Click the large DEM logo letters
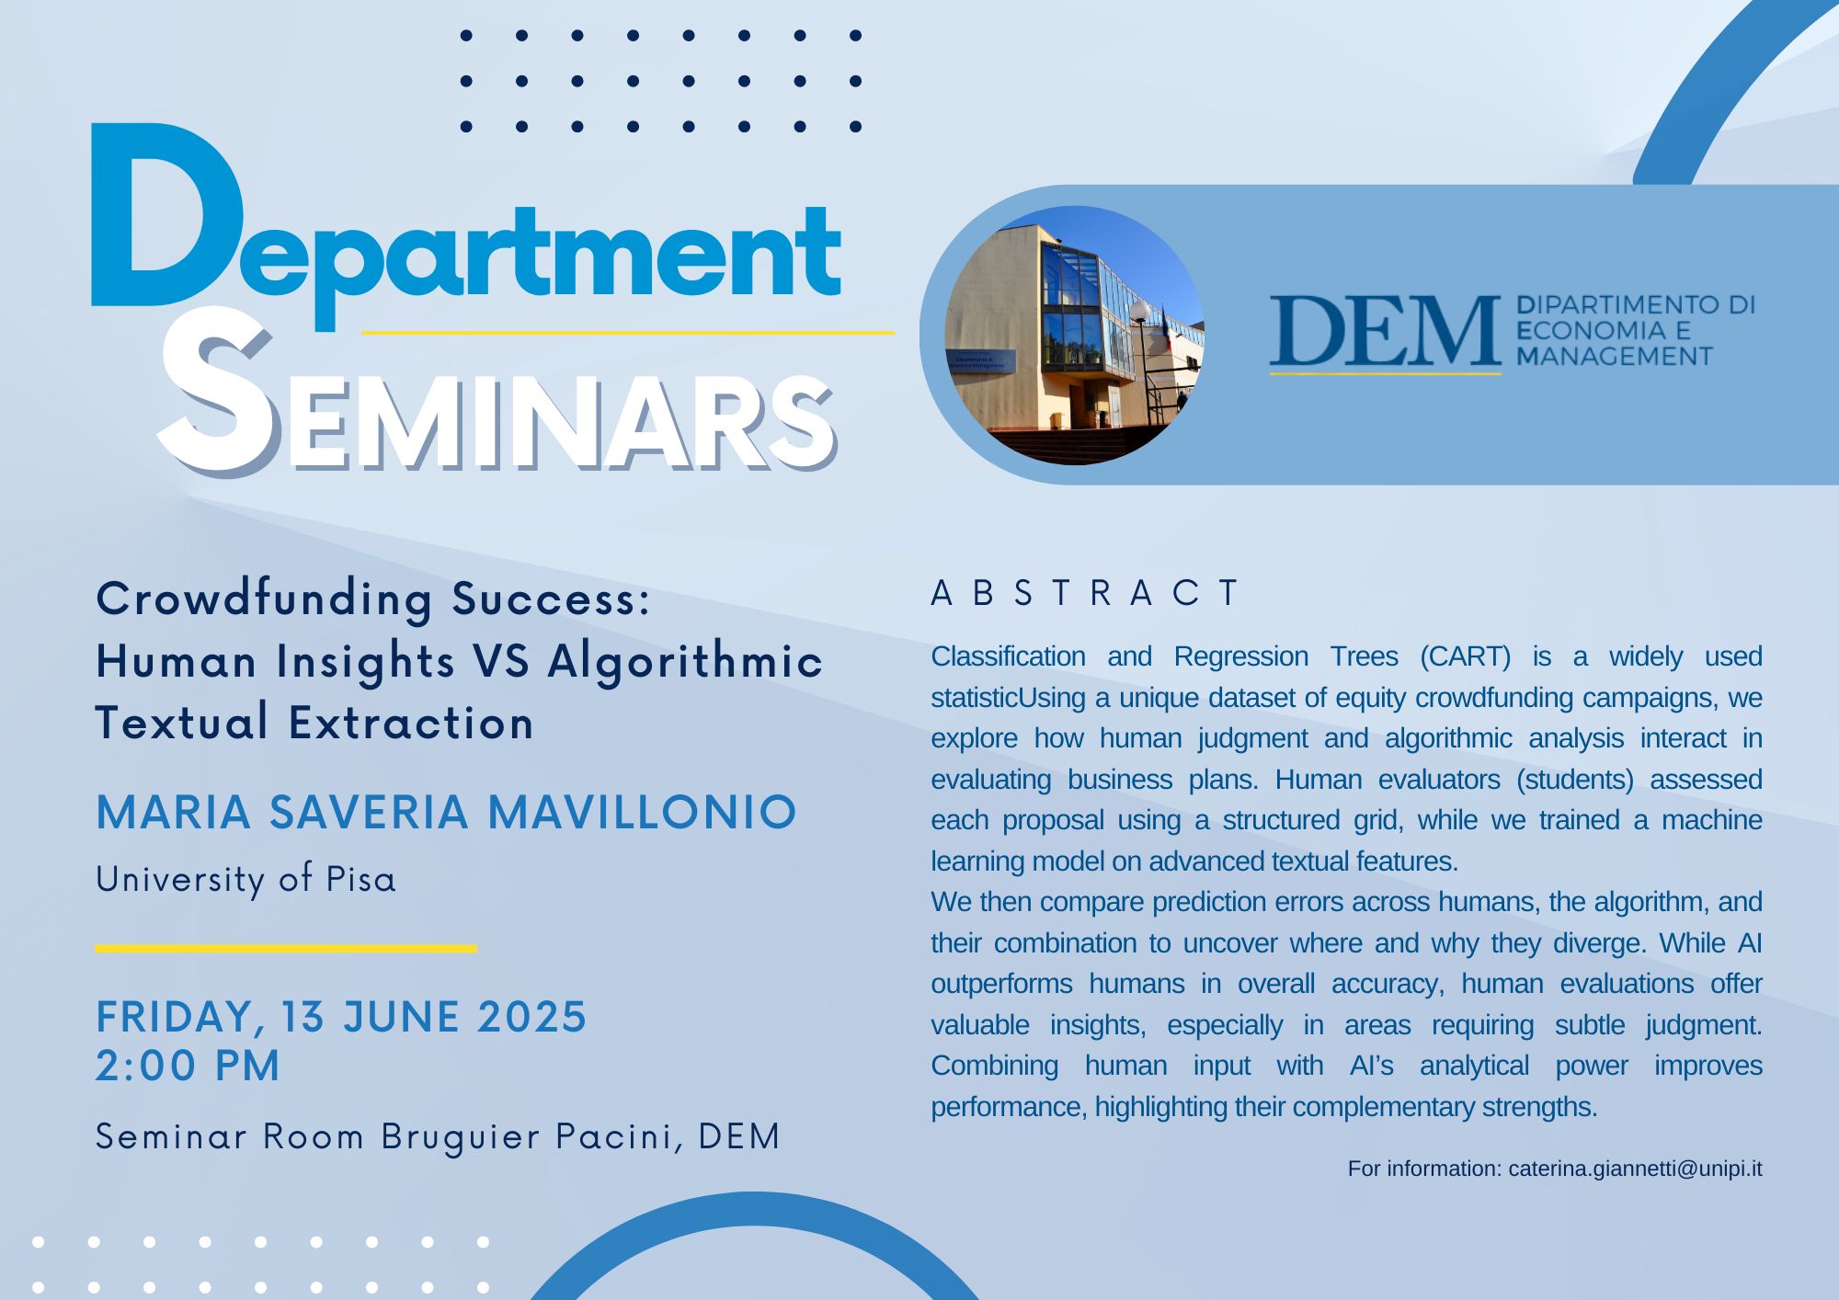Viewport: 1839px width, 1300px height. coord(1385,331)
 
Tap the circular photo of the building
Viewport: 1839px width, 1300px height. coord(1074,335)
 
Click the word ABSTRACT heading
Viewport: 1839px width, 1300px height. coord(1086,593)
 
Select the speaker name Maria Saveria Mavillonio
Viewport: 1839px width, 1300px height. coord(446,812)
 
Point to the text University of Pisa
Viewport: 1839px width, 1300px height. coord(246,879)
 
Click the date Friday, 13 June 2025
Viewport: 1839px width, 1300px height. coord(341,1017)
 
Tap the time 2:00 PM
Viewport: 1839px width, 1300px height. coord(188,1066)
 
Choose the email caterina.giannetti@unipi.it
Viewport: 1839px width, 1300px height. coord(1635,1169)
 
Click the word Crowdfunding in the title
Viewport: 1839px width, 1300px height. coord(264,599)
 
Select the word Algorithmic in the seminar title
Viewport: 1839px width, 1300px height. coord(685,662)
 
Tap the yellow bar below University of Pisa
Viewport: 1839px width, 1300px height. coord(286,948)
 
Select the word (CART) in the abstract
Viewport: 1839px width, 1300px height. coord(1465,656)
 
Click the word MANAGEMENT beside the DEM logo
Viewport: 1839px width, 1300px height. coord(1615,356)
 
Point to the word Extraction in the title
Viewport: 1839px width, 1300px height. coord(411,723)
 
